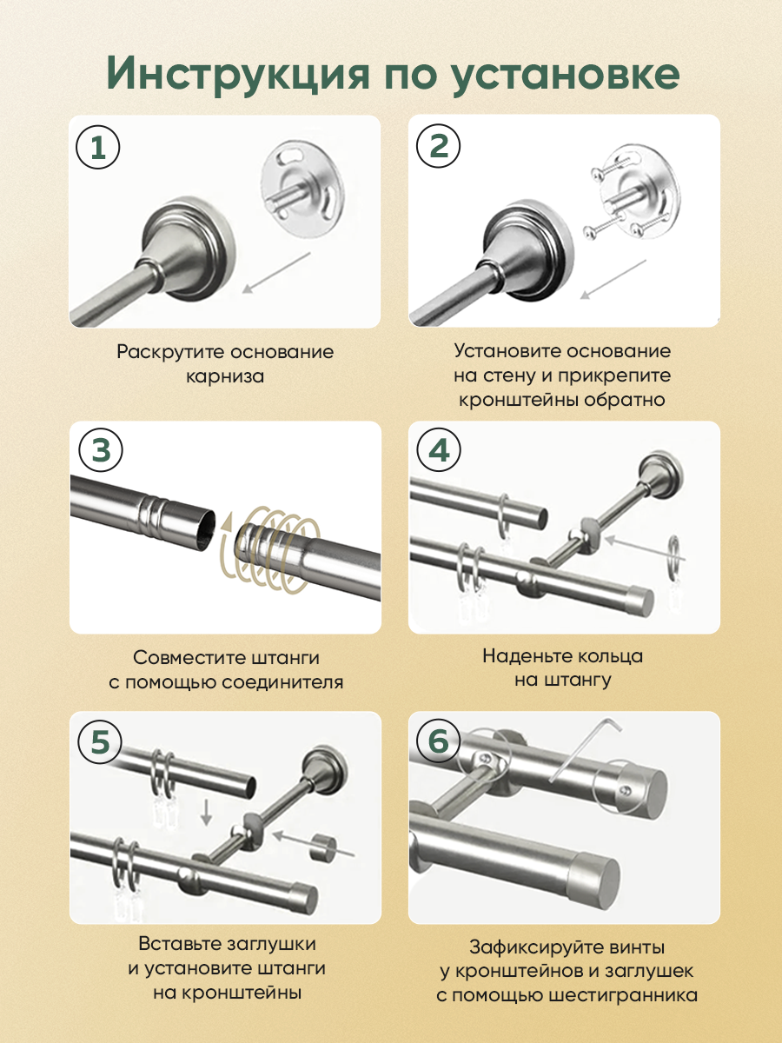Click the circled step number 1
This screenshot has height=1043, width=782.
coord(98,147)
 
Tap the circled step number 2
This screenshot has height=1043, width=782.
coord(438,146)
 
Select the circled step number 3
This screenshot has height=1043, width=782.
coord(100,450)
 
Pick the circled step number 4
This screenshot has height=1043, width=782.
coord(439,450)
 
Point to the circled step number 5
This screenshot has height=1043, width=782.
coord(100,741)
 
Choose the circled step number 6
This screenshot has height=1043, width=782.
coord(438,741)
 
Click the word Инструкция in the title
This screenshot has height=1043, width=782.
coord(238,74)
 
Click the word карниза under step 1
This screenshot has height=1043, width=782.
coord(224,377)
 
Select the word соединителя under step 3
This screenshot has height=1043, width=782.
coord(282,683)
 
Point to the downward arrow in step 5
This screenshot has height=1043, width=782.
coord(206,813)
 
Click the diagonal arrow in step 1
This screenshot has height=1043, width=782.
coord(276,273)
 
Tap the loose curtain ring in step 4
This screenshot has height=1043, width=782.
coord(675,558)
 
